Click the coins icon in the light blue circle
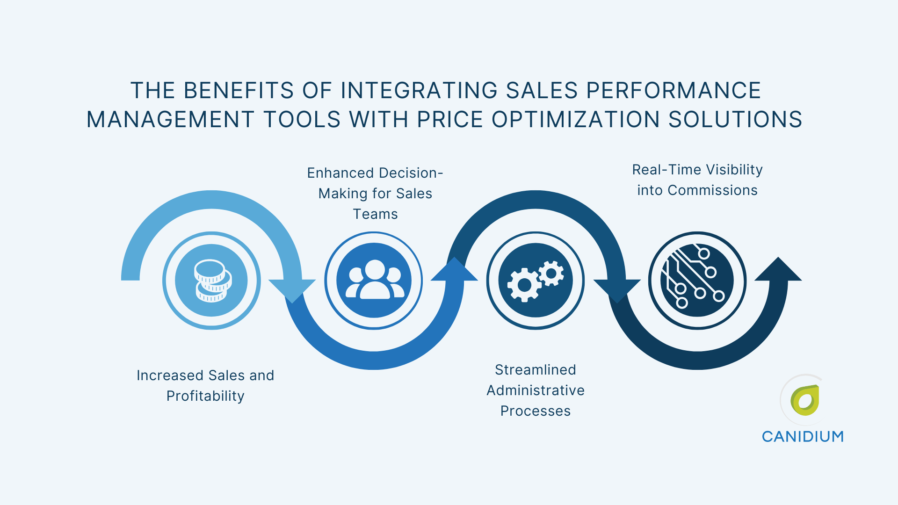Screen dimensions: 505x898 point(212,281)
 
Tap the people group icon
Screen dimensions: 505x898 point(374,281)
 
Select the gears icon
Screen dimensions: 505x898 point(536,281)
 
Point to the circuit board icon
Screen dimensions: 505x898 point(697,281)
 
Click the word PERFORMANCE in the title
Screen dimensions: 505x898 point(673,91)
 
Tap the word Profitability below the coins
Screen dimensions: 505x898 point(205,396)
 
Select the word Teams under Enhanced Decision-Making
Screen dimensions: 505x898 point(375,214)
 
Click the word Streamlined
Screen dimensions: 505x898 point(536,370)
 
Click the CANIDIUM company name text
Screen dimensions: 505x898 point(803,437)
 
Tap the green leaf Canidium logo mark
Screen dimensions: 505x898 point(805,400)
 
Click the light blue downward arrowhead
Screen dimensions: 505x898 point(292,290)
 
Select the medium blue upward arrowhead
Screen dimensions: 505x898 point(454,270)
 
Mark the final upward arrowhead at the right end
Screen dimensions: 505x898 point(778,270)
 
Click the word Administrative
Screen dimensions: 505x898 point(536,390)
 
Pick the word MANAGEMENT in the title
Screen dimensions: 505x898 point(171,120)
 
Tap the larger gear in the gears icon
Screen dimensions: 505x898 point(524,285)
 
